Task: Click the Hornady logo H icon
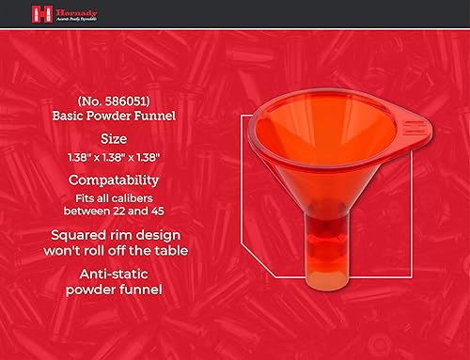[40, 13]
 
